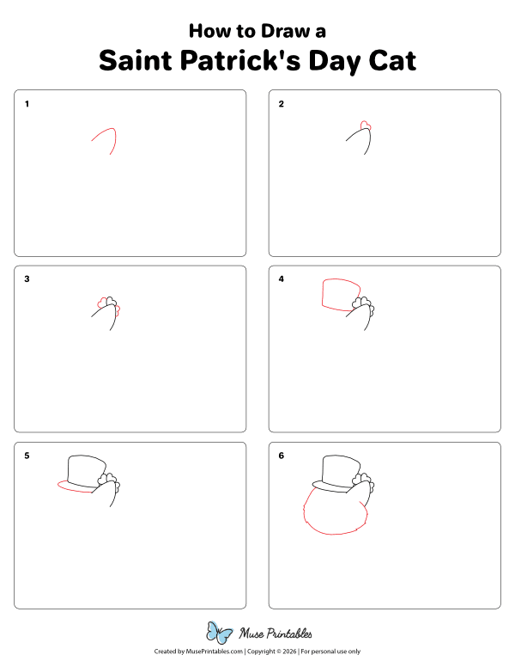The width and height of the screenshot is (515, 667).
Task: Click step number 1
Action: (x=27, y=105)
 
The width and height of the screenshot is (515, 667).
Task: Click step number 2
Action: (x=281, y=105)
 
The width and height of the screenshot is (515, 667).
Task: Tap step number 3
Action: (x=27, y=279)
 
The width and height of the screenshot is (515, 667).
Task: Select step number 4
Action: (x=281, y=279)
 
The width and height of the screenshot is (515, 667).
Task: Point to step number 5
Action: (x=27, y=456)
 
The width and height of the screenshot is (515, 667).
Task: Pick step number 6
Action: (x=281, y=456)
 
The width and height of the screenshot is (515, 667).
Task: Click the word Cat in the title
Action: (x=386, y=61)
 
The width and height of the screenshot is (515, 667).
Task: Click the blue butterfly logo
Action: (x=220, y=633)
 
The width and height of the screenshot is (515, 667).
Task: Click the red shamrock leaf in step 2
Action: (x=366, y=125)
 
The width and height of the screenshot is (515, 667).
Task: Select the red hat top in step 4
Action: (x=336, y=292)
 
